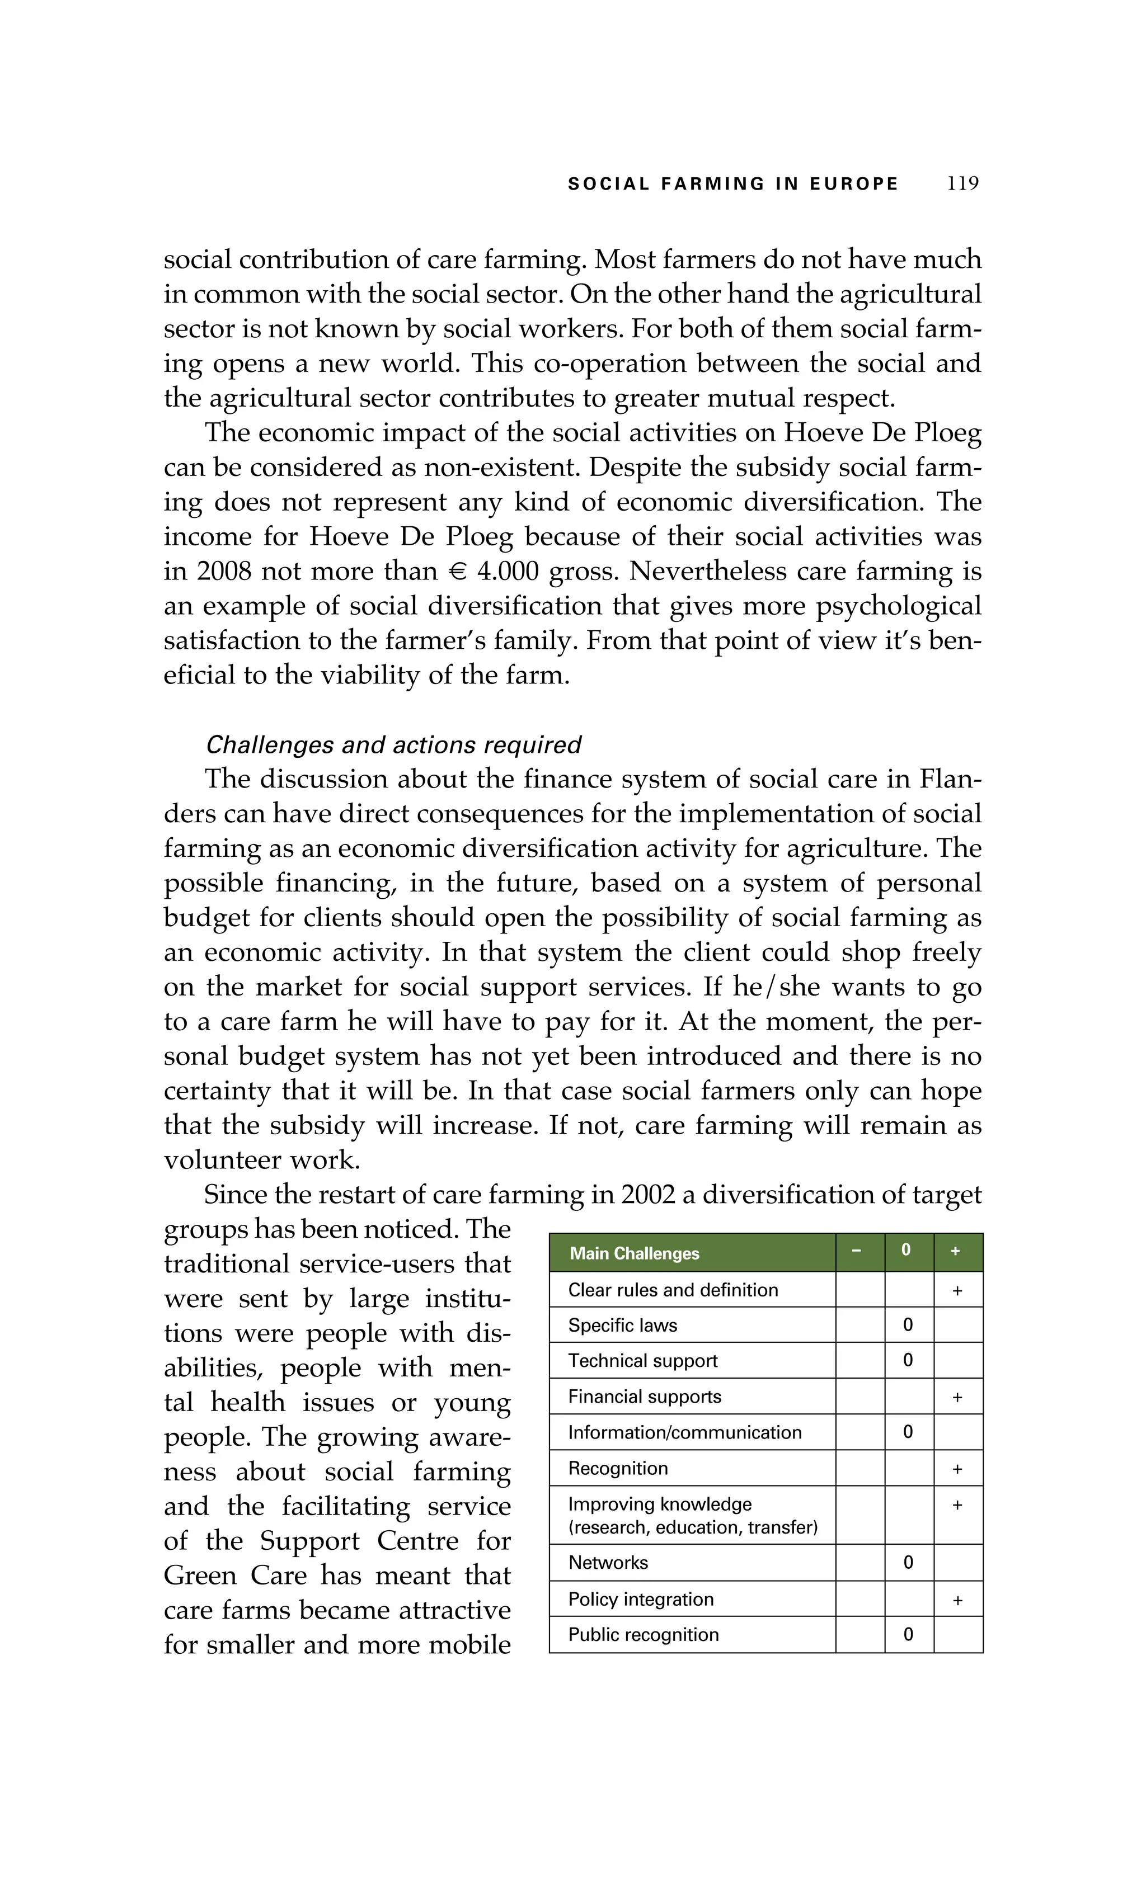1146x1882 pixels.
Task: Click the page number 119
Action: [962, 183]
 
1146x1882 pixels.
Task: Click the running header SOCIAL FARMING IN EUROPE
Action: [732, 184]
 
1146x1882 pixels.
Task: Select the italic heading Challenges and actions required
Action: [393, 745]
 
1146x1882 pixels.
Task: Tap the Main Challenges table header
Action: [634, 1253]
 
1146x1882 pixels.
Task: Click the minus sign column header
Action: [857, 1251]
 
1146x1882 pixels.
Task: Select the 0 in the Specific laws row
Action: [908, 1325]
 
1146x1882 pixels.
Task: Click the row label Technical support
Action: [642, 1360]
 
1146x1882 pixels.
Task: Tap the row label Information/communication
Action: [684, 1432]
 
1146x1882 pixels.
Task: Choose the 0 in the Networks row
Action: [908, 1563]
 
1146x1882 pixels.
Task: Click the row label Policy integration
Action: [640, 1598]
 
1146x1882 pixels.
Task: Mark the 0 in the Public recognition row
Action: [908, 1635]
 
